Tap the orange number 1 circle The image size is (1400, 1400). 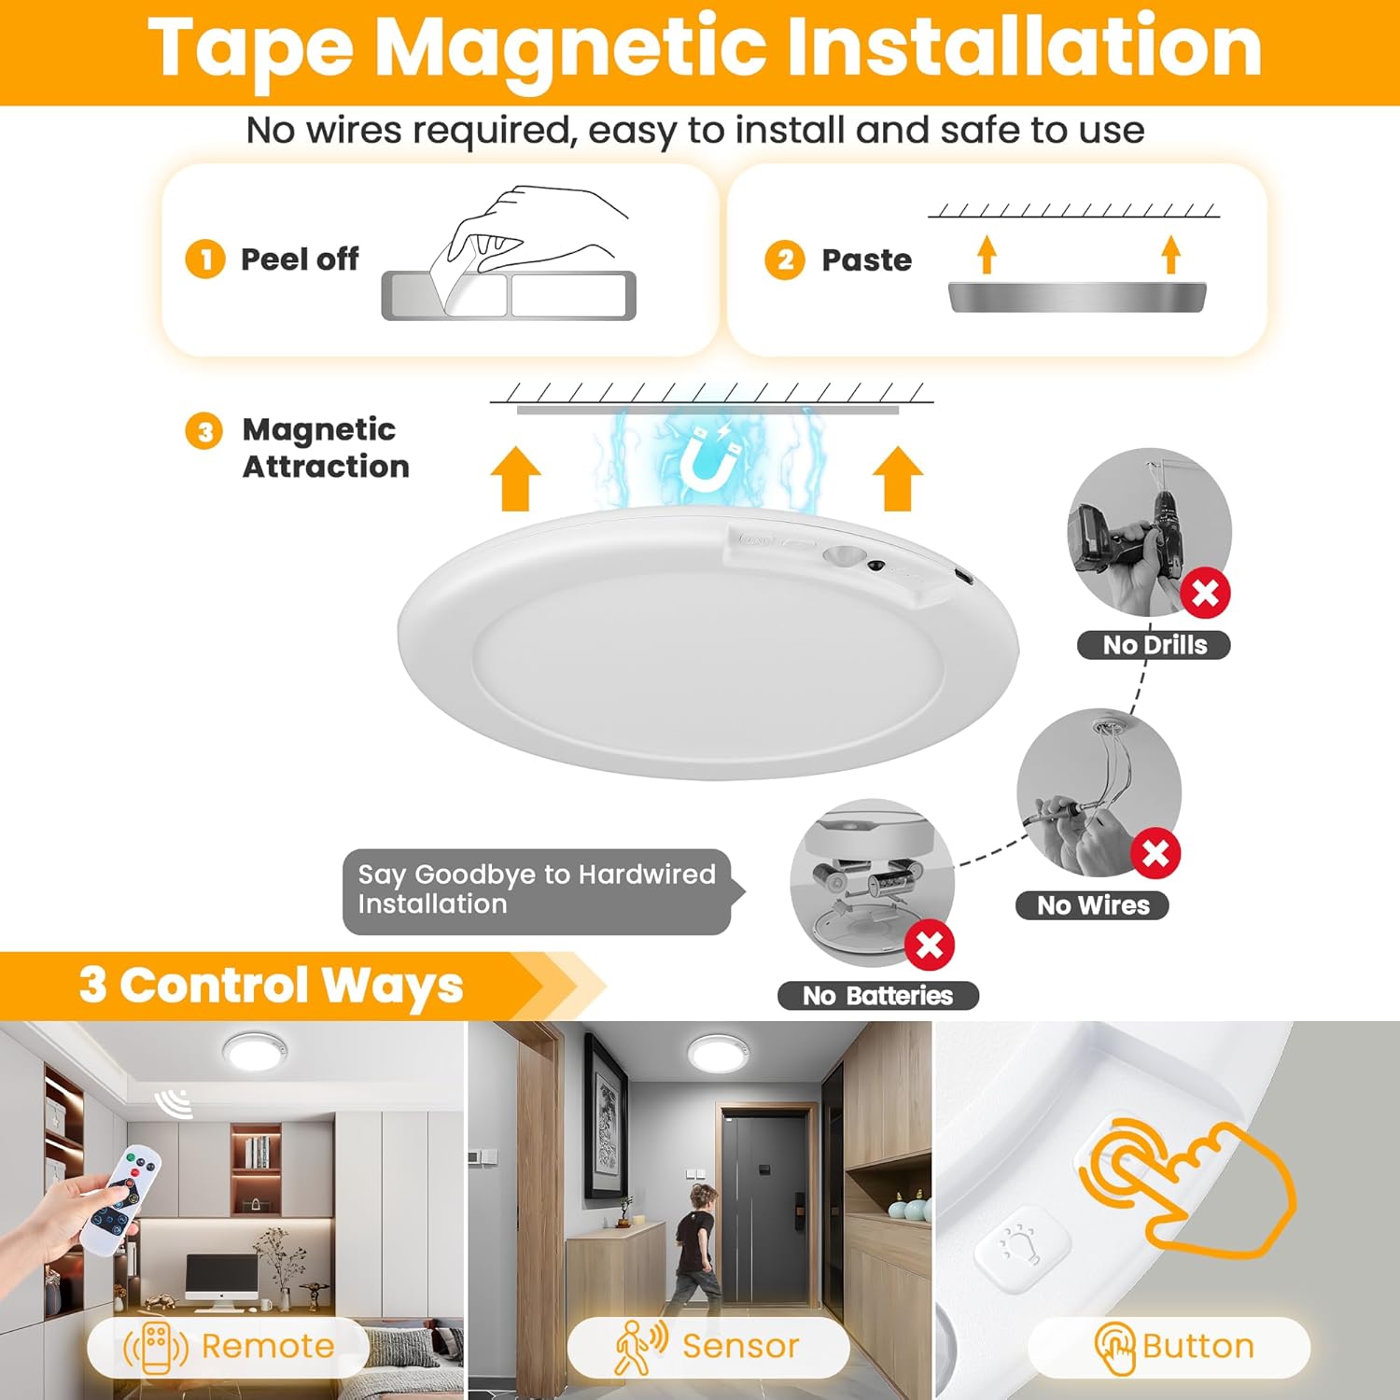point(204,259)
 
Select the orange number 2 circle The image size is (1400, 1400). point(784,259)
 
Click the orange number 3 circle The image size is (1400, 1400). point(204,431)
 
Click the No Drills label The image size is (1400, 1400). point(1154,645)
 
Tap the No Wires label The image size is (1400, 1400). point(1092,905)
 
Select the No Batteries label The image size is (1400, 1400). point(877,996)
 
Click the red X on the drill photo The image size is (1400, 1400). point(1205,593)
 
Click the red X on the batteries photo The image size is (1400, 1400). point(930,945)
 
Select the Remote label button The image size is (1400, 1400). point(229,1347)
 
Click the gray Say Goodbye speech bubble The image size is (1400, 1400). point(537,890)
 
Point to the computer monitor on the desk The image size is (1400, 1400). point(222,1274)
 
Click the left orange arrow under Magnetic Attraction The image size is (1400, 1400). point(515,479)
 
